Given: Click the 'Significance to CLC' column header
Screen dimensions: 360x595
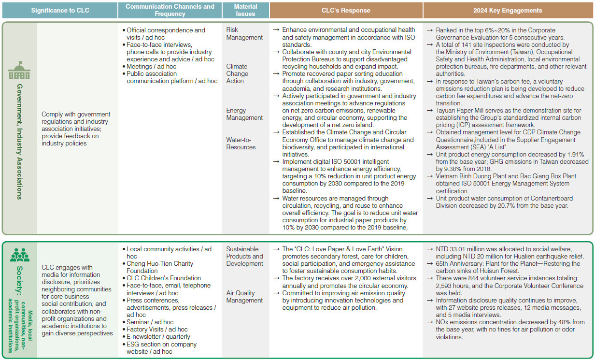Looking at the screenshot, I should pos(60,11).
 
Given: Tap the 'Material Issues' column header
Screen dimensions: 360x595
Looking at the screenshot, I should pos(245,11).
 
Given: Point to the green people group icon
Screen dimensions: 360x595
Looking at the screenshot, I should pos(20,255).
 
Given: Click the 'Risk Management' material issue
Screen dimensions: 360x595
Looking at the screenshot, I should pos(244,34).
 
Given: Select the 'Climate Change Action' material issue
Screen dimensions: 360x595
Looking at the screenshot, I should pos(237,74).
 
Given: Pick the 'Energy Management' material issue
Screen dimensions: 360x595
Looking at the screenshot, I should pos(244,114).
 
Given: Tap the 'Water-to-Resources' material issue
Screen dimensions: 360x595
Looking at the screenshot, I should pos(241,144).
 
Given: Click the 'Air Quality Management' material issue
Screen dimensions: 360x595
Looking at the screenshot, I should pos(244,297).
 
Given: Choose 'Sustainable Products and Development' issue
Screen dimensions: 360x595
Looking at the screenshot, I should pos(245,257).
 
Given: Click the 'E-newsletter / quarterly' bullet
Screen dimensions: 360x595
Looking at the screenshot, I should pos(158,337).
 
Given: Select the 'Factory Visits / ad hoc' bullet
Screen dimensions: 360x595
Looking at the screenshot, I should pos(157,330).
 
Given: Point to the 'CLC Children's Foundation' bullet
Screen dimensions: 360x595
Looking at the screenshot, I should pos(164,278).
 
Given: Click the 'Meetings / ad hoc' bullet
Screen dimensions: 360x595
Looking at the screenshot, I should pos(151,67).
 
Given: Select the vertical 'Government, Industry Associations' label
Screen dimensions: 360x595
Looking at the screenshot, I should pos(19,141).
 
